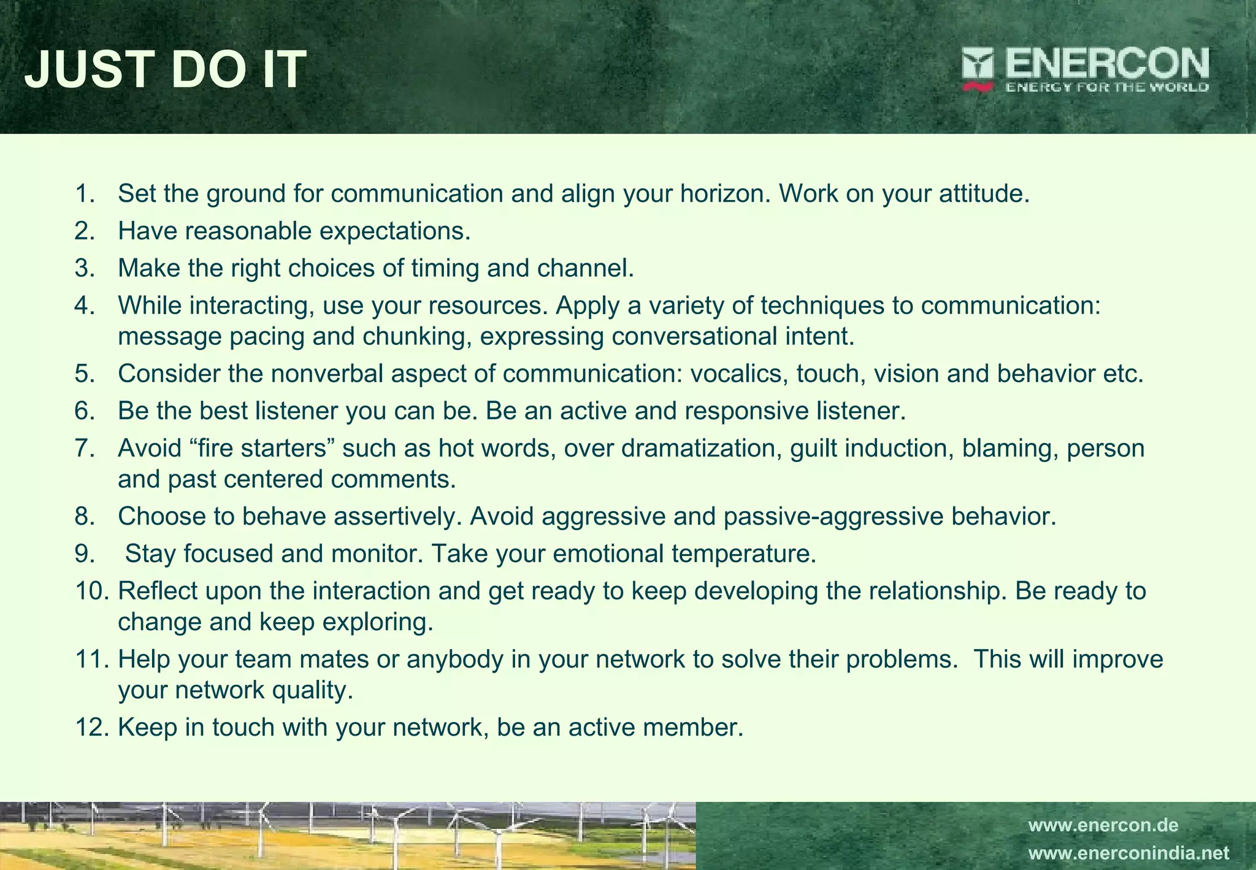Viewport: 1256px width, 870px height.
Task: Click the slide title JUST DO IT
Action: click(x=166, y=69)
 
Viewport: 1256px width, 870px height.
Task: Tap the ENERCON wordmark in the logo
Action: click(x=1107, y=63)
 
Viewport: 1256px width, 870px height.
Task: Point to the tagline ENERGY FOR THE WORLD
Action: click(x=1107, y=87)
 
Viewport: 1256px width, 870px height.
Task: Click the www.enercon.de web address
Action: click(x=1103, y=825)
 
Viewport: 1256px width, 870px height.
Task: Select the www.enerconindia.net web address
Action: click(x=1128, y=853)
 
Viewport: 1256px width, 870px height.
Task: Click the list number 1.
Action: click(x=85, y=194)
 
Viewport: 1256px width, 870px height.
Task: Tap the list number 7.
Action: click(x=85, y=448)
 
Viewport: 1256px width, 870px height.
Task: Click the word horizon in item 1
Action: click(x=724, y=194)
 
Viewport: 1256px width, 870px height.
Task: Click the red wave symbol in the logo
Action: click(x=978, y=87)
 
